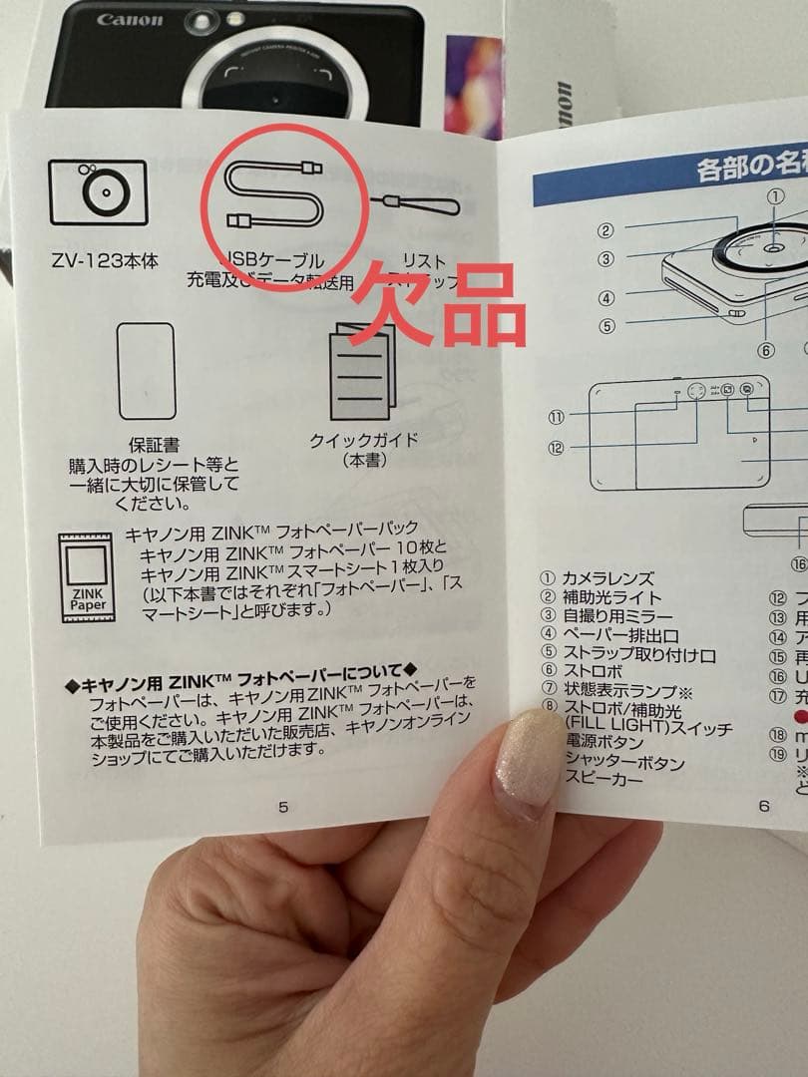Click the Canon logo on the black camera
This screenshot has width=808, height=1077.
point(129,20)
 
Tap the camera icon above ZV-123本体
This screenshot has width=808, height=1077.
point(97,192)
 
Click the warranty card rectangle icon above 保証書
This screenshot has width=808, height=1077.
point(147,371)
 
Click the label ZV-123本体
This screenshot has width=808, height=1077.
point(105,260)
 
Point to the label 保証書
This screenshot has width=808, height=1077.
point(154,445)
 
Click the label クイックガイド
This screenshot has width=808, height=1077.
point(365,441)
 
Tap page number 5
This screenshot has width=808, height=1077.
point(282,807)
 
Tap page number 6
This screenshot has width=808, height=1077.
point(764,806)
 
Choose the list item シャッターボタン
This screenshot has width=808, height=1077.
point(624,763)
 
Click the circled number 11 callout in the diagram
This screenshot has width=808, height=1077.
point(556,417)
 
